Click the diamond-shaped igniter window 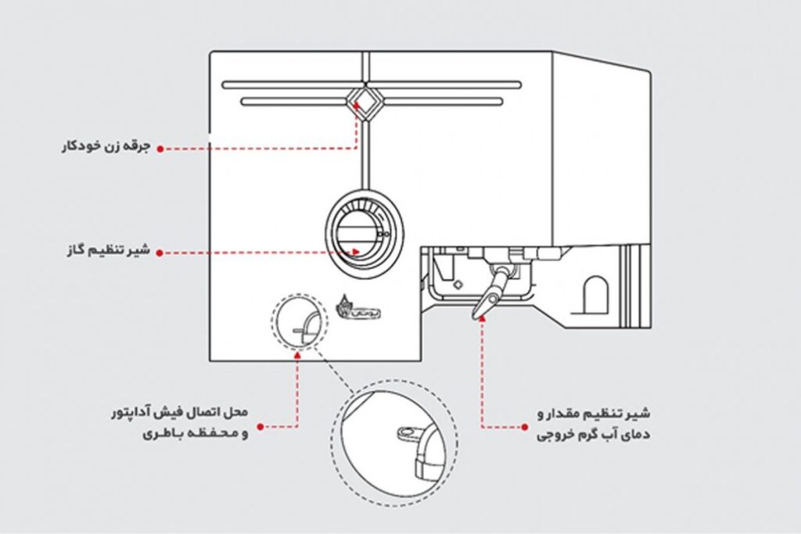pyautogui.click(x=365, y=102)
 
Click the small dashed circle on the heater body pyautogui.click(x=298, y=324)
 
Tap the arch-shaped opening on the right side pyautogui.click(x=596, y=292)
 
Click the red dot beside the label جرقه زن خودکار pyautogui.click(x=160, y=147)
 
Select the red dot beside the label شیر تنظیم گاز pyautogui.click(x=160, y=253)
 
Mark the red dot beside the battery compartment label pyautogui.click(x=260, y=427)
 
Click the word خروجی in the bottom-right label pyautogui.click(x=556, y=435)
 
